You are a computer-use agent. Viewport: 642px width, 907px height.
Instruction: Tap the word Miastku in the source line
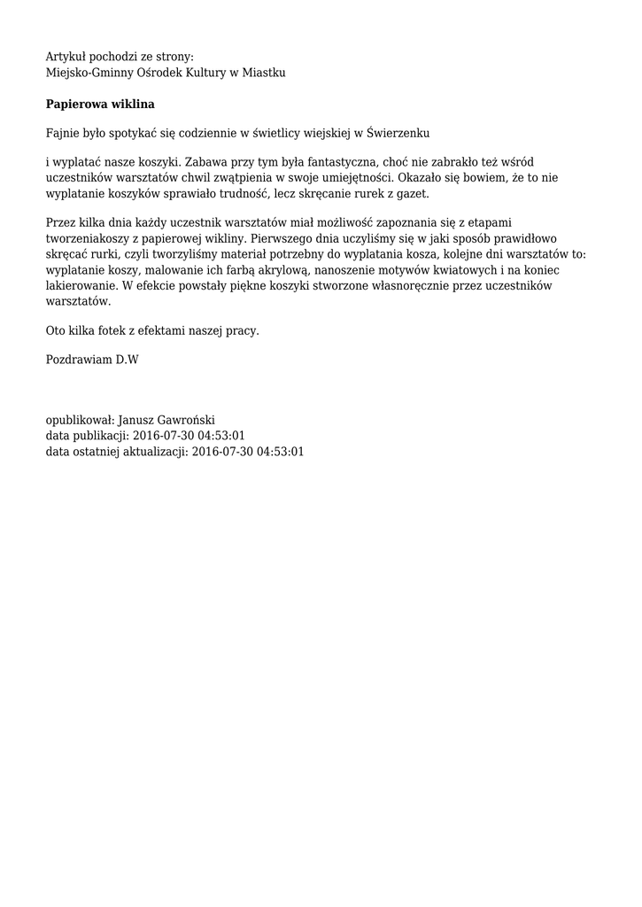tap(264, 72)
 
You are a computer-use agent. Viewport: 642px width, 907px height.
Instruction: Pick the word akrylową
tap(278, 270)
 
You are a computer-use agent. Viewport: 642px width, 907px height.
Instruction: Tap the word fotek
tap(119, 330)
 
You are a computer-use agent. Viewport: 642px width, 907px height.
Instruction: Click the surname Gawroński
tap(184, 420)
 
